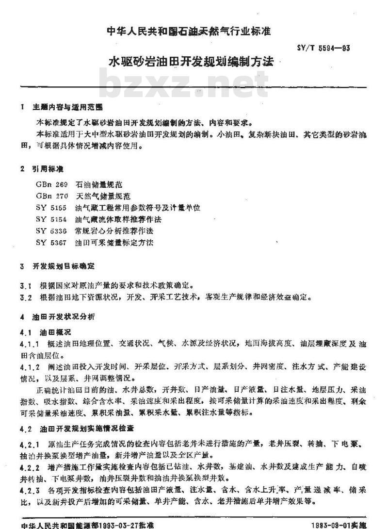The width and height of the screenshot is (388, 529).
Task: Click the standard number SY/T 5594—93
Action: (x=322, y=48)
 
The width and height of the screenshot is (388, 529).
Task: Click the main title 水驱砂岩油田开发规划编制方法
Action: (x=191, y=62)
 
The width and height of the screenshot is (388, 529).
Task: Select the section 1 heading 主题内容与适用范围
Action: (x=67, y=107)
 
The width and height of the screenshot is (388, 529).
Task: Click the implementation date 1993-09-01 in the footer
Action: (x=329, y=525)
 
